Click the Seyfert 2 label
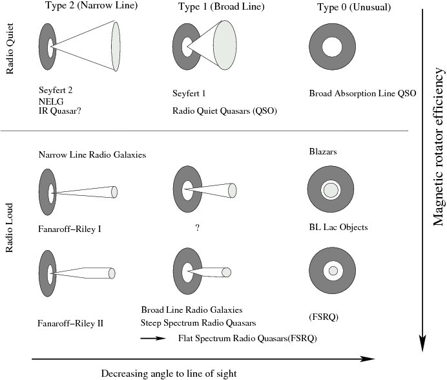56,90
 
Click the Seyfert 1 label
189,94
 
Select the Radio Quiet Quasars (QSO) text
224,111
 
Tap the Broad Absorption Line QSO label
362,94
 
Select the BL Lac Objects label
338,227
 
